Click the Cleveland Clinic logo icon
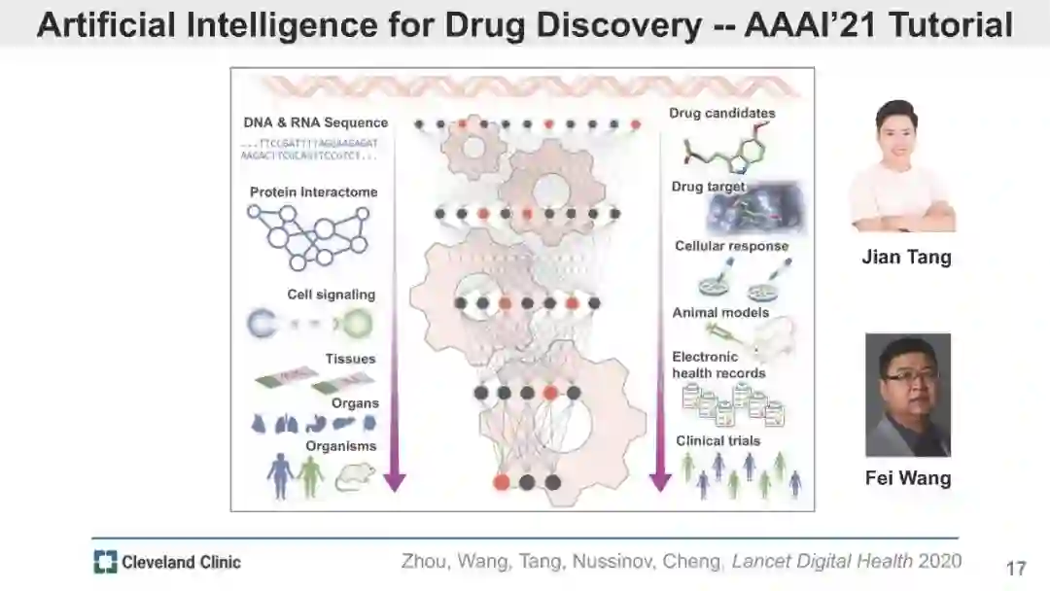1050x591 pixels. point(105,561)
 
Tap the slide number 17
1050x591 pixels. point(1016,568)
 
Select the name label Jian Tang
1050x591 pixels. point(906,258)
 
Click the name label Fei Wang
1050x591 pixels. point(908,478)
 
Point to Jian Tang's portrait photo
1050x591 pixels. point(902,166)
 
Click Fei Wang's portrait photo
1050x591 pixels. point(908,395)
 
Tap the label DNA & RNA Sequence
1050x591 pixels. point(316,122)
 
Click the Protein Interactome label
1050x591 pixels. point(313,191)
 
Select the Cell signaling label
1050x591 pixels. point(331,295)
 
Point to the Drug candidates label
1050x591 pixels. point(721,113)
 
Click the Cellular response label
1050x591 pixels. point(731,246)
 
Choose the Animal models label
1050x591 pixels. point(720,312)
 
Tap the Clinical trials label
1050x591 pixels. point(718,440)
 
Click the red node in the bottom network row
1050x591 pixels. point(502,481)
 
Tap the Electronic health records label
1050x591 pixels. point(718,365)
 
